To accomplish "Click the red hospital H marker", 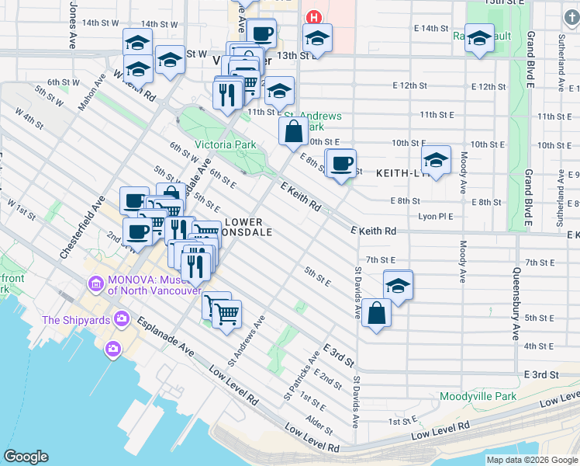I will [x=313, y=17].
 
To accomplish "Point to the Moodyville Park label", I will [x=478, y=396].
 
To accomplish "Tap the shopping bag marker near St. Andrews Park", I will [x=294, y=132].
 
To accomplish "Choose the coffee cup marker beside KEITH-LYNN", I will [x=341, y=164].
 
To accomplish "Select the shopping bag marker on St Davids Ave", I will [x=376, y=314].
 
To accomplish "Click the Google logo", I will [x=26, y=457].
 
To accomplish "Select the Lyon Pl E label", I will [x=434, y=216].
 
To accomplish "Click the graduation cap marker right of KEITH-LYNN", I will [x=437, y=162].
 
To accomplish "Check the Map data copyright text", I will [x=532, y=460].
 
